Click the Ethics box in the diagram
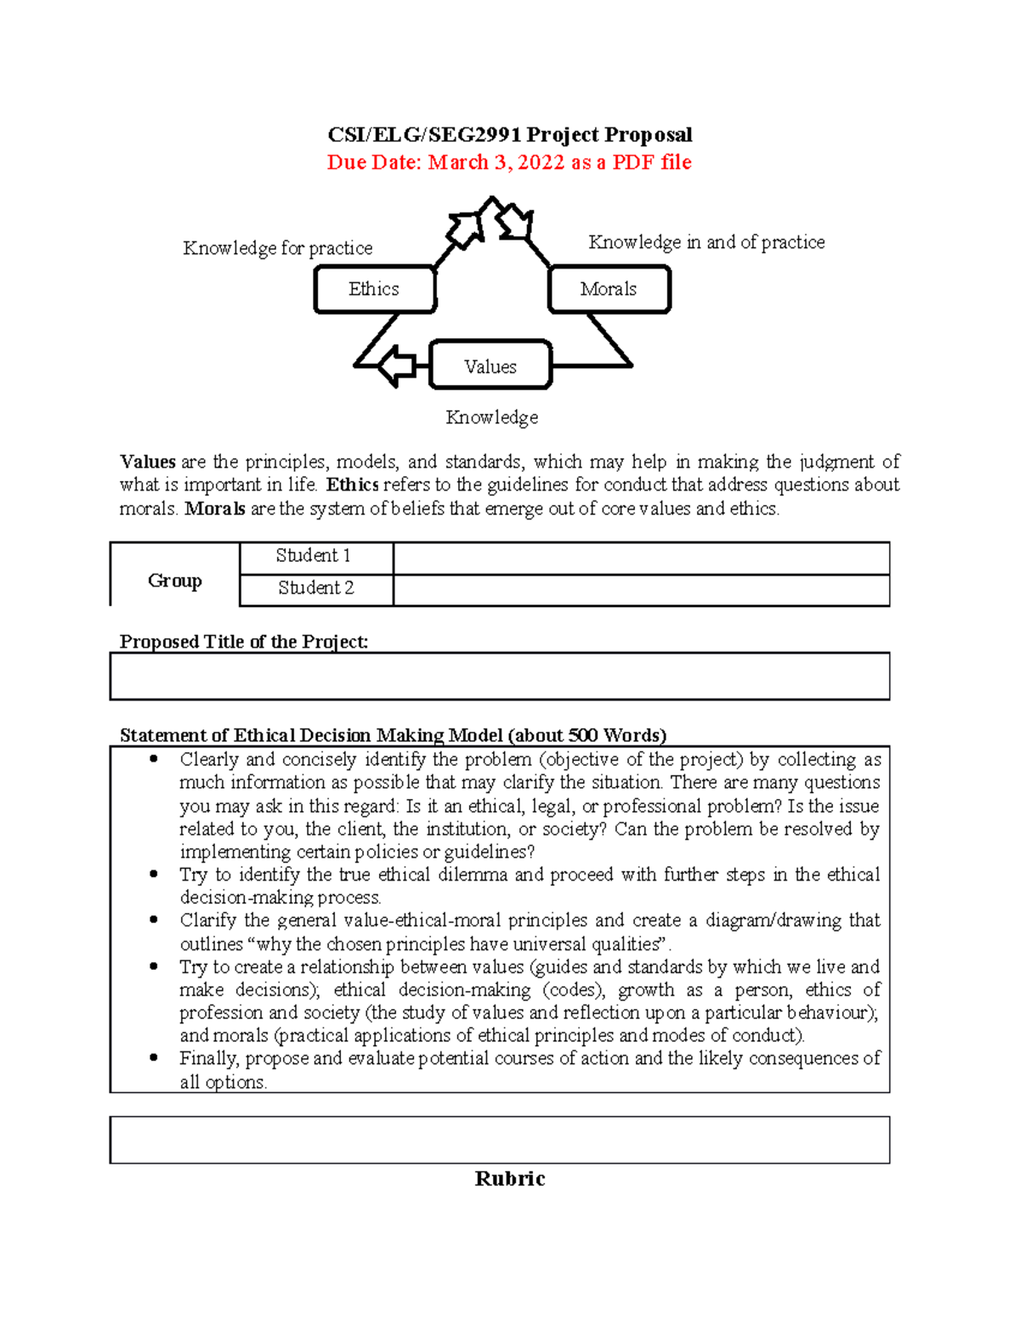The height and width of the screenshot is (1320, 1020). point(375,290)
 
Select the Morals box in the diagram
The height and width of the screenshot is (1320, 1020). point(609,290)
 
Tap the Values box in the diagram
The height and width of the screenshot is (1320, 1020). point(490,366)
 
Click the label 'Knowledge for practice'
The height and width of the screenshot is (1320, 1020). point(278,248)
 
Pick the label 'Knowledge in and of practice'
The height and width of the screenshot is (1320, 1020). point(706,242)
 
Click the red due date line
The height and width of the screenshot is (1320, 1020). point(509,162)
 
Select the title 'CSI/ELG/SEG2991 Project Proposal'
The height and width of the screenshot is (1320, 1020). point(510,134)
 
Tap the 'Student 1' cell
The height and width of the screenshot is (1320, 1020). point(315,557)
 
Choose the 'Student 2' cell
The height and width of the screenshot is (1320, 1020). point(315,588)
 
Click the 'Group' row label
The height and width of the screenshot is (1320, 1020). point(175,581)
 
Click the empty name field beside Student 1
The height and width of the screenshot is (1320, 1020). point(641,558)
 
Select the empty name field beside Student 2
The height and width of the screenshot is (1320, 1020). point(641,590)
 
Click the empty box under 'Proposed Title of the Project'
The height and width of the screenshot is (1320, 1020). point(500,677)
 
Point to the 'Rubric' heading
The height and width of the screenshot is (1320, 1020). point(510,1179)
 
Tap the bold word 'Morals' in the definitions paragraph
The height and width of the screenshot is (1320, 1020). point(215,509)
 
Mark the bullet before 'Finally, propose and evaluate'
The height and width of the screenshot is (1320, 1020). point(154,1058)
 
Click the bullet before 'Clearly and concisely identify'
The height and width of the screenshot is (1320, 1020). point(154,759)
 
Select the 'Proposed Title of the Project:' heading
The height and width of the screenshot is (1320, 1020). point(244,642)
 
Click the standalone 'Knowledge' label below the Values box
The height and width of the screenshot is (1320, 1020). point(492,417)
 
